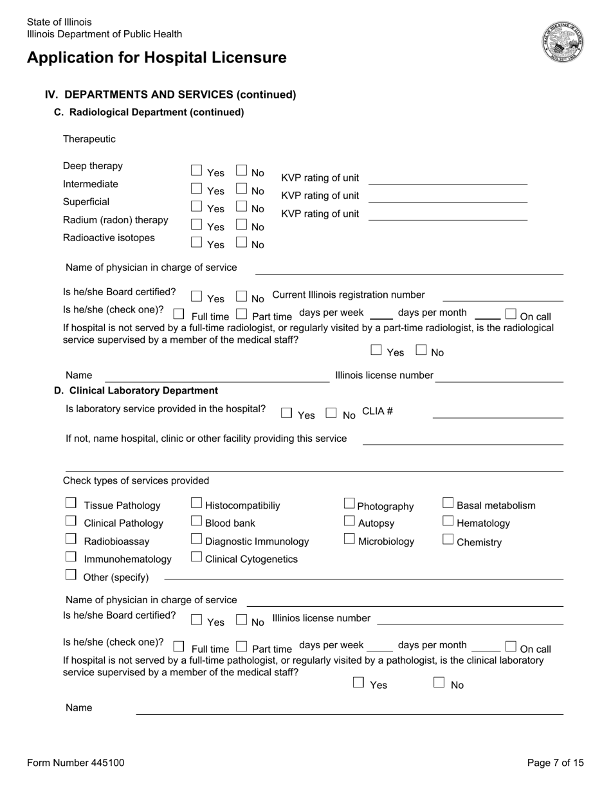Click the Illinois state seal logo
click(563, 41)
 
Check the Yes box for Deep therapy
click(197, 170)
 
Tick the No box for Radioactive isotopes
click(241, 242)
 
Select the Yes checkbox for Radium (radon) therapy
click(197, 224)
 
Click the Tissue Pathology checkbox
click(71, 503)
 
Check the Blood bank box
click(197, 521)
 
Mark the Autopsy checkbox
click(349, 521)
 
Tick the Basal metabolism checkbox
click(448, 503)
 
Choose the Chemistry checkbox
click(448, 540)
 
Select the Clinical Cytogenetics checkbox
click(197, 557)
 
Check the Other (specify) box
click(71, 575)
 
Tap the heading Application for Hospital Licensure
click(157, 58)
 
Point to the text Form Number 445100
click(76, 763)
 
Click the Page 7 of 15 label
click(555, 763)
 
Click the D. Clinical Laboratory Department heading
click(136, 390)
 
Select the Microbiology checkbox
click(349, 539)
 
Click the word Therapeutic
click(89, 139)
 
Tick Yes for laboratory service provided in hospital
click(287, 413)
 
